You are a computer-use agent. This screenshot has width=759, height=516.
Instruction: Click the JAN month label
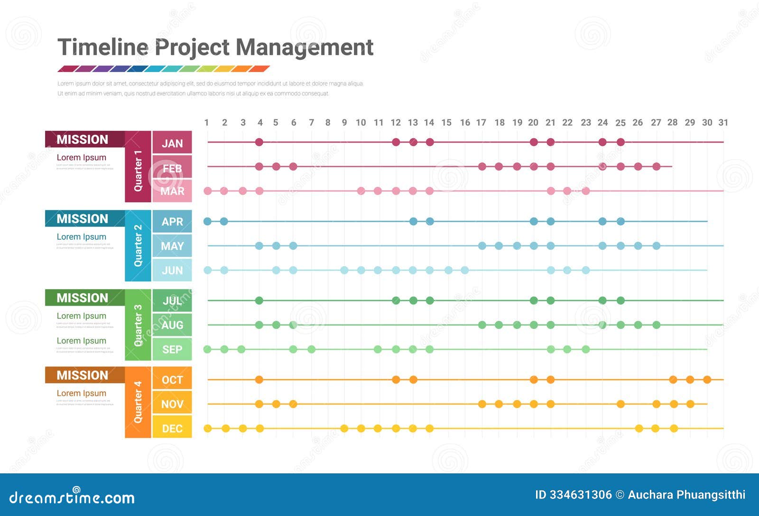[x=172, y=143]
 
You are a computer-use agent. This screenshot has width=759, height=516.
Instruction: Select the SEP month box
[x=172, y=349]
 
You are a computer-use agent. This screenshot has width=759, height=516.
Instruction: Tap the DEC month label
[x=172, y=428]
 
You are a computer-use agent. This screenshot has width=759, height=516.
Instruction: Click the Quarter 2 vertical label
[x=138, y=245]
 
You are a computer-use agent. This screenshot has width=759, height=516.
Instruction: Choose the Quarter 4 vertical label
[x=138, y=402]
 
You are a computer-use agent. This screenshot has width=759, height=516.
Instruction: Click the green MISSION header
[x=83, y=298]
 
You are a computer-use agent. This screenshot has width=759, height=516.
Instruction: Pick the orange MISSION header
[x=83, y=375]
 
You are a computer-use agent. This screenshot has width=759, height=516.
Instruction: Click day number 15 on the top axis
[x=446, y=122]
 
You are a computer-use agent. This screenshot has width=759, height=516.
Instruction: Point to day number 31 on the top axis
[x=723, y=122]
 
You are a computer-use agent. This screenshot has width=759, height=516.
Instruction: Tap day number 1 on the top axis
[x=207, y=122]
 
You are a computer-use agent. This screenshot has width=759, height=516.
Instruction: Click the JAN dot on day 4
[x=259, y=142]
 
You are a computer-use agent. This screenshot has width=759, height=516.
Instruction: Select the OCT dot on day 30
[x=707, y=380]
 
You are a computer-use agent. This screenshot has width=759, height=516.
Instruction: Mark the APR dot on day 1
[x=207, y=221]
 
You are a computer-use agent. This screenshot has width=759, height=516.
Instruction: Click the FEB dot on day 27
[x=656, y=166]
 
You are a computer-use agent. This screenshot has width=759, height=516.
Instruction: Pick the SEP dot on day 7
[x=311, y=349]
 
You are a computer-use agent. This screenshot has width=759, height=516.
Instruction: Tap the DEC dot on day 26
[x=639, y=428]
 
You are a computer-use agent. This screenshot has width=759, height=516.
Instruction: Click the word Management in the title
[x=304, y=47]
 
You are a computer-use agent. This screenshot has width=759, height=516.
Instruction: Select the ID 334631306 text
[x=573, y=495]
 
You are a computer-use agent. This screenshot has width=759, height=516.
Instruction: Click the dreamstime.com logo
[x=72, y=497]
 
